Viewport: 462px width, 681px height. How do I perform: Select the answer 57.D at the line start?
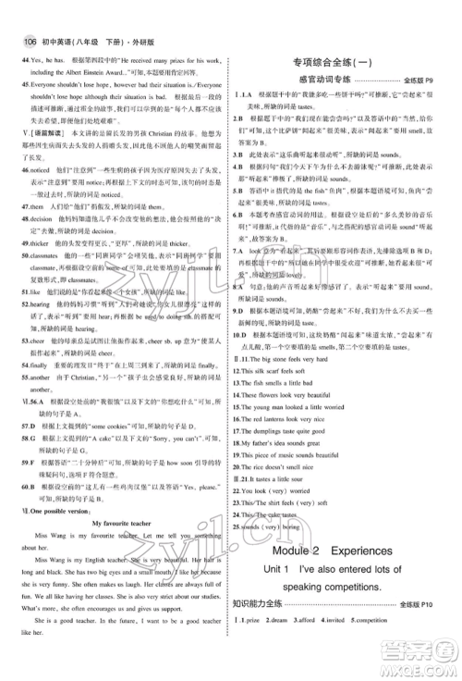pyautogui.click(x=21, y=416)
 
